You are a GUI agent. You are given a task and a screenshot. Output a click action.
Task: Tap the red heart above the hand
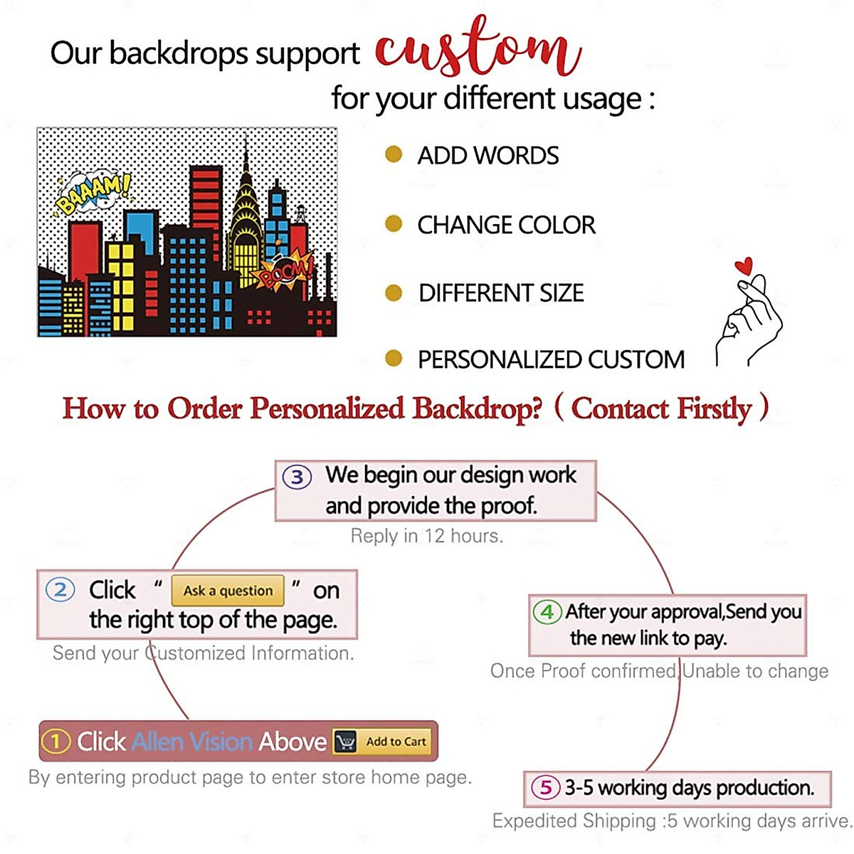[x=744, y=267]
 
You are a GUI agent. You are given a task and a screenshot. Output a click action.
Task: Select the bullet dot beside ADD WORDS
[x=394, y=154]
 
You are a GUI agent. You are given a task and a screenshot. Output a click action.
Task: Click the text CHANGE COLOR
[x=506, y=225]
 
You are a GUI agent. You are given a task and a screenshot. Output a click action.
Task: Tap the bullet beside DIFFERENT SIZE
[x=394, y=292]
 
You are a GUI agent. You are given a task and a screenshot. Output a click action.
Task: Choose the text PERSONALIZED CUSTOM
[x=551, y=359]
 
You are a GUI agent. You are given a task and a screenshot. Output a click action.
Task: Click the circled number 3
[x=297, y=477]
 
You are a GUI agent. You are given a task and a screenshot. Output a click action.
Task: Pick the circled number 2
[x=60, y=590]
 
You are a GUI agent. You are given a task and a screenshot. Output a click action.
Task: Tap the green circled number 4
[x=547, y=612]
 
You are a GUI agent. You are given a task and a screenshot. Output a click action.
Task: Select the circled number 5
[x=546, y=787]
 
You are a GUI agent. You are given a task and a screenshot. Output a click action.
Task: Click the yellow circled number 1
[x=56, y=742]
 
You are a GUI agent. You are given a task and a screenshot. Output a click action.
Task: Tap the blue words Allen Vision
[x=192, y=742]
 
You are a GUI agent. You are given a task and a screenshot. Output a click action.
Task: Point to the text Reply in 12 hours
[x=427, y=536]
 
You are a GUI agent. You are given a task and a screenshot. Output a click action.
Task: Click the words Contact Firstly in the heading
[x=662, y=408]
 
